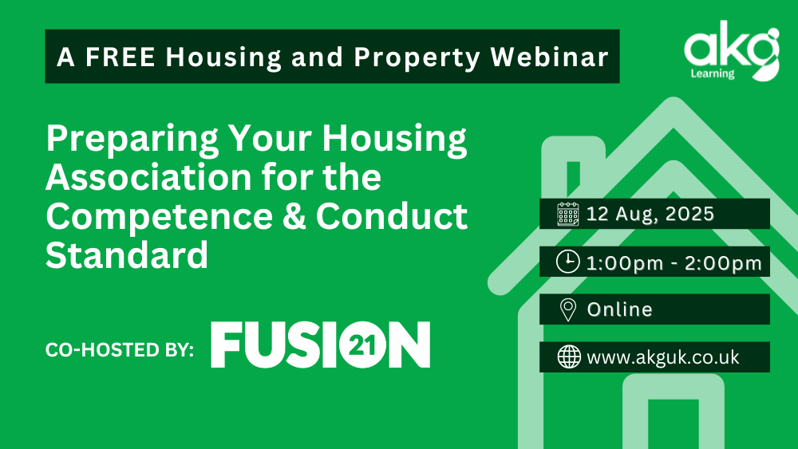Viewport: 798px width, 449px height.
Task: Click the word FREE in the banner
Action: (120, 57)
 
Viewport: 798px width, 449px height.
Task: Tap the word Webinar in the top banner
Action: (550, 57)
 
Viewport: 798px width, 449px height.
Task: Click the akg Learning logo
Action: (732, 51)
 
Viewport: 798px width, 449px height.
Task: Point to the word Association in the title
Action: (148, 177)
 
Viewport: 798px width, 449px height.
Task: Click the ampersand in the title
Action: (294, 216)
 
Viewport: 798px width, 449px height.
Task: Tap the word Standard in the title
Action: (127, 254)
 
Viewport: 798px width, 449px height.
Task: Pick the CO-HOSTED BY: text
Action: (120, 350)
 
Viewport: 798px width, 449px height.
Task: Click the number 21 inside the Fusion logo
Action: (363, 346)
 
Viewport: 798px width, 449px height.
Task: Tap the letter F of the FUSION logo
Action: (226, 345)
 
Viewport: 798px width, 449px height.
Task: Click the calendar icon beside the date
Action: (568, 214)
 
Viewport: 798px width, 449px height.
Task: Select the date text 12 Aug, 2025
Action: (650, 214)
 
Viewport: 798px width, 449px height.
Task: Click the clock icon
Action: (568, 262)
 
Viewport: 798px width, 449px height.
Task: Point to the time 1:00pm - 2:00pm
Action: (674, 263)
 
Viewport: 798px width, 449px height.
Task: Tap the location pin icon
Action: (568, 309)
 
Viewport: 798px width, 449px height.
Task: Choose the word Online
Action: (619, 309)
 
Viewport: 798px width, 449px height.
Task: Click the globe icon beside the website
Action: (569, 356)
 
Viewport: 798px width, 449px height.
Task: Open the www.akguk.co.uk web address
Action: (662, 357)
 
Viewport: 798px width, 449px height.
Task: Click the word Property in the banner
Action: (417, 57)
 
